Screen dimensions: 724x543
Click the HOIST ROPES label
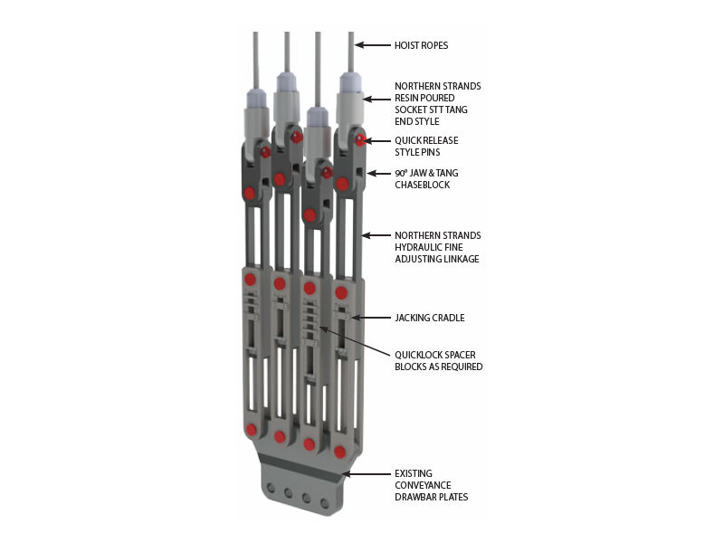421,45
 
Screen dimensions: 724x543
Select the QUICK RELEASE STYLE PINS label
426,147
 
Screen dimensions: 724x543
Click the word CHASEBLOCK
422,185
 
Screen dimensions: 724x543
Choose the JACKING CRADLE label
429,318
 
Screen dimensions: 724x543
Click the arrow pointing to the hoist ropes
373,45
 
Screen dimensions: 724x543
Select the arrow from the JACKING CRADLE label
371,318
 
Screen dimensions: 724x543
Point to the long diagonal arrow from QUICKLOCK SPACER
355,342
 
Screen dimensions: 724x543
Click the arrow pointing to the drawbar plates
367,474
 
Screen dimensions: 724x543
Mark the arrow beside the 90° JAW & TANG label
379,174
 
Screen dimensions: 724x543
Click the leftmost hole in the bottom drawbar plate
271,488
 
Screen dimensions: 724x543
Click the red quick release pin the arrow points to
360,140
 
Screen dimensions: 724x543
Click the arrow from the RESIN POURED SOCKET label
376,99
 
